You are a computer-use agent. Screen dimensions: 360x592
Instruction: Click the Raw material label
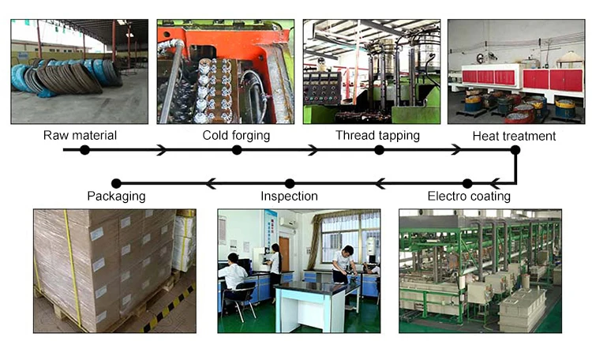tap(80, 135)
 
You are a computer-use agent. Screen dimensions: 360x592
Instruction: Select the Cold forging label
tap(236, 135)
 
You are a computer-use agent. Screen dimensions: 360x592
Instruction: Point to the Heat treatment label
tap(514, 136)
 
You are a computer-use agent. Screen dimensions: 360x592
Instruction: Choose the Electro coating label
tap(469, 196)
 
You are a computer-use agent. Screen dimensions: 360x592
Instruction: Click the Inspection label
tap(289, 196)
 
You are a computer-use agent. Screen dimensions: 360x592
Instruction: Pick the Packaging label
tap(116, 196)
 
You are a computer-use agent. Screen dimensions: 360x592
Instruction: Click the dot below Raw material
tap(84, 149)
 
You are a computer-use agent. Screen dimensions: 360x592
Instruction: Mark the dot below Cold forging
tap(237, 149)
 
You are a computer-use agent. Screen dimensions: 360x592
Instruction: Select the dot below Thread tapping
tap(379, 149)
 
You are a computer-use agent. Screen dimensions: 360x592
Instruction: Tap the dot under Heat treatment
tap(515, 149)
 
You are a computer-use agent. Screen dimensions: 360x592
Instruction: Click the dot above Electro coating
tap(467, 183)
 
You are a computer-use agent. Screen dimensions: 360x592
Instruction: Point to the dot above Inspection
tap(290, 183)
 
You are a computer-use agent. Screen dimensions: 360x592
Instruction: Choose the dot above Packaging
tap(117, 183)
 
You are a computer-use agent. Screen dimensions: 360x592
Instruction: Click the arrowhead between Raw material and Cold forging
tap(162, 149)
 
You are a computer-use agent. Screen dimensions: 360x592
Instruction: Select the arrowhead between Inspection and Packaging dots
tap(210, 183)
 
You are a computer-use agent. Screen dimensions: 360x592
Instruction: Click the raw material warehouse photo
tap(79, 71)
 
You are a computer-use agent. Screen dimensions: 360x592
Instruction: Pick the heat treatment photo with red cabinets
tap(515, 71)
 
